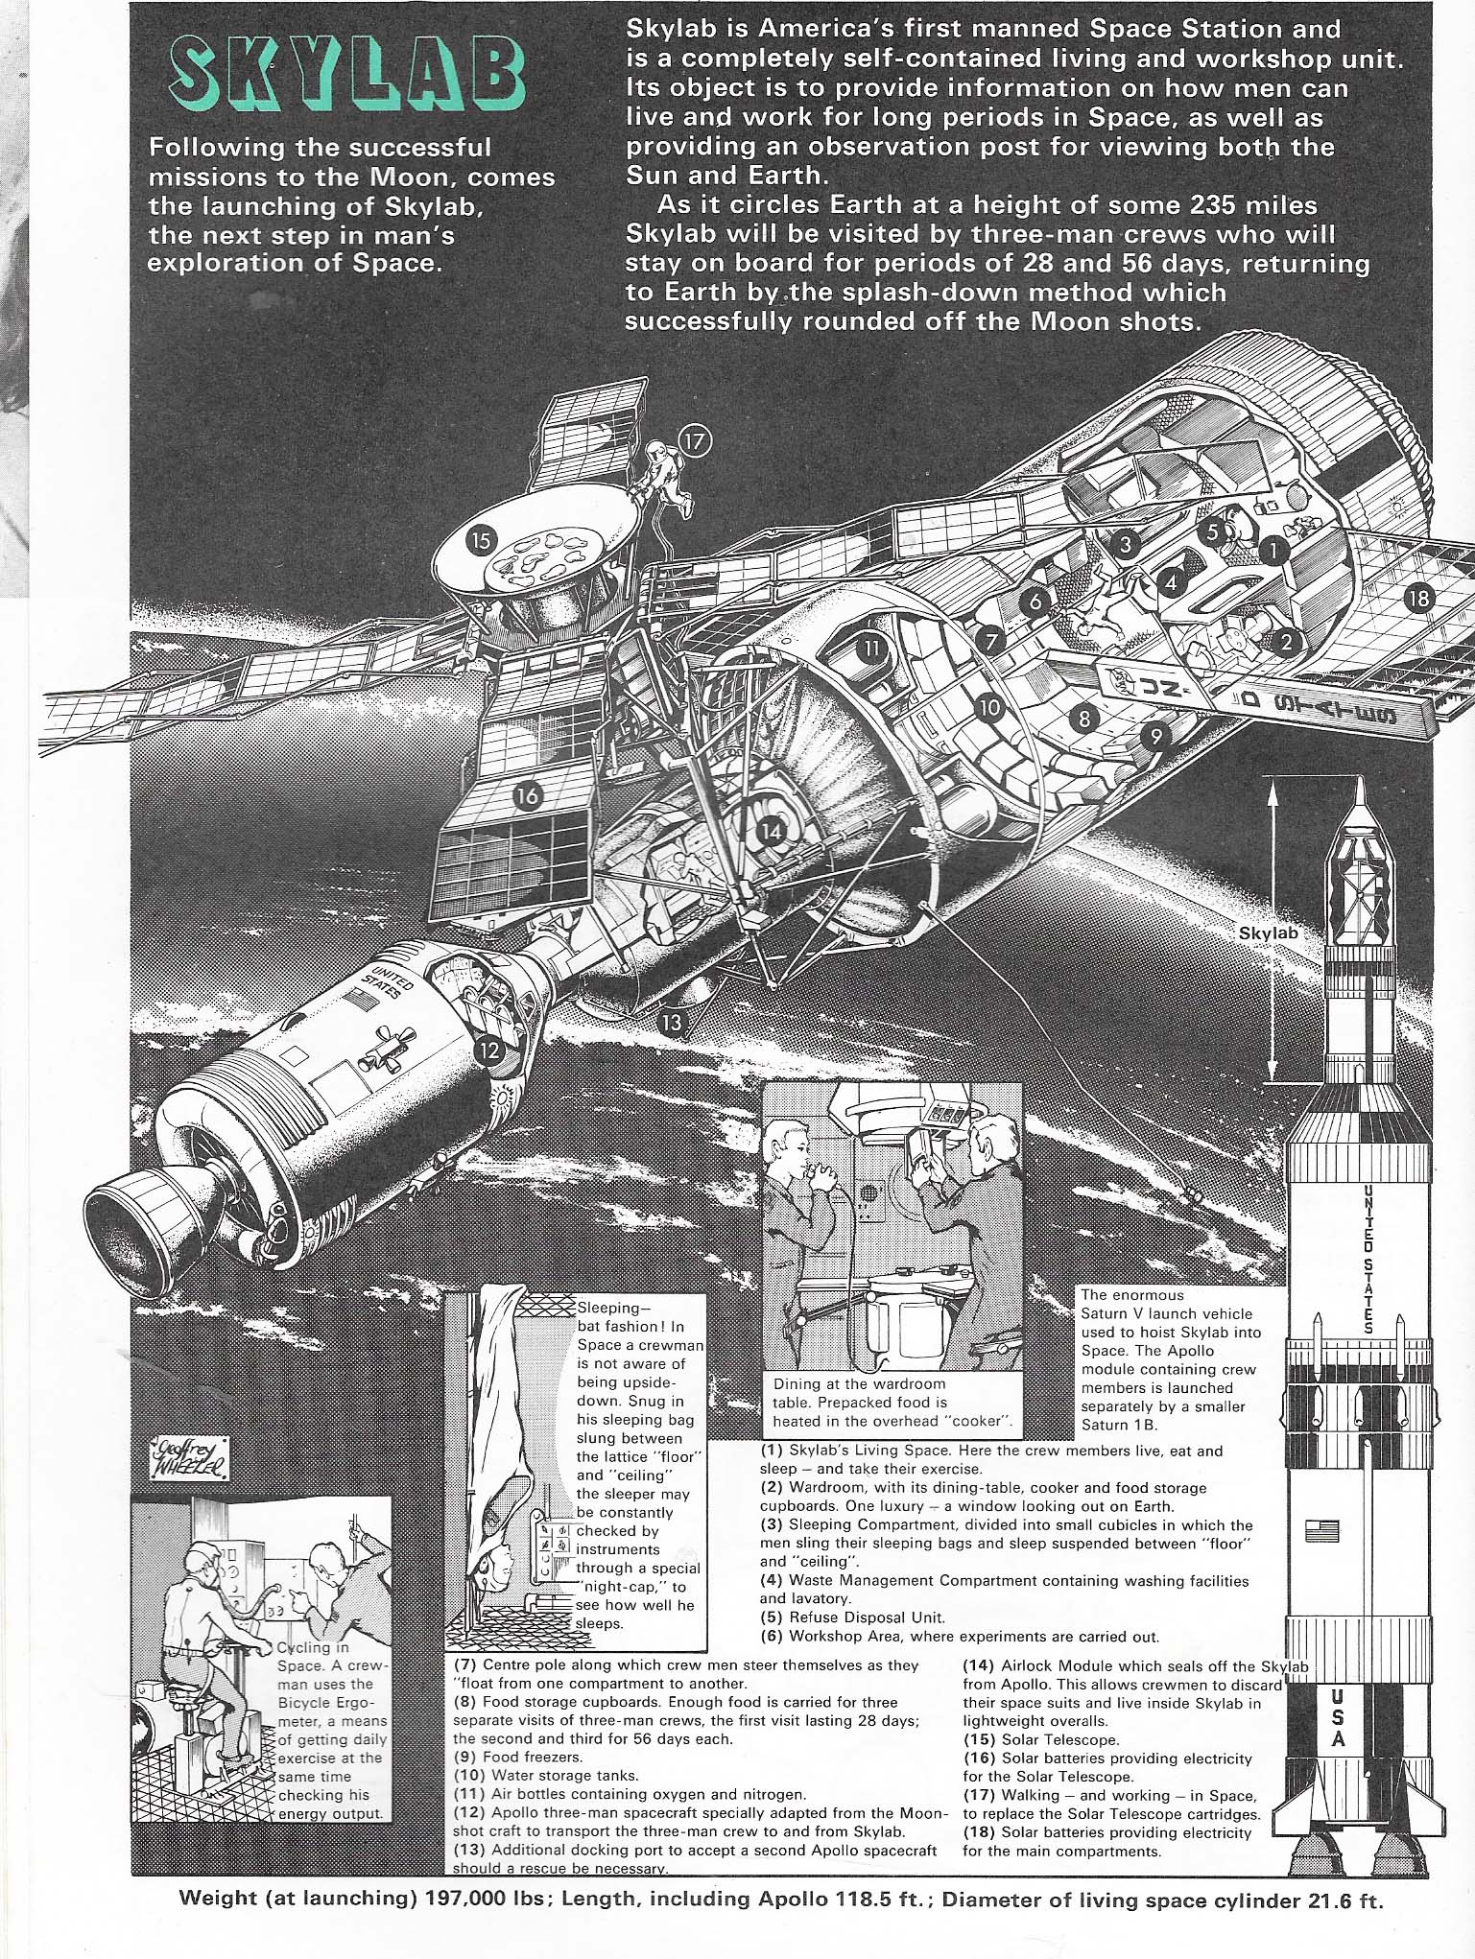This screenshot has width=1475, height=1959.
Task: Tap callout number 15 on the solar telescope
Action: [480, 541]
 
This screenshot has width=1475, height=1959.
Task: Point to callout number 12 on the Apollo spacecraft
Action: [490, 1050]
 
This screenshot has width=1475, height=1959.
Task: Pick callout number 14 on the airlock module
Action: [772, 831]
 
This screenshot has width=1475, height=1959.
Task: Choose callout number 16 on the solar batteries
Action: [527, 794]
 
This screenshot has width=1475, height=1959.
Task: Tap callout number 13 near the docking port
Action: [671, 1023]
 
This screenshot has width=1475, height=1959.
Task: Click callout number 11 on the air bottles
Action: [870, 647]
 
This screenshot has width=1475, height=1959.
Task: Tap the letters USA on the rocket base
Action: [1339, 1717]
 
